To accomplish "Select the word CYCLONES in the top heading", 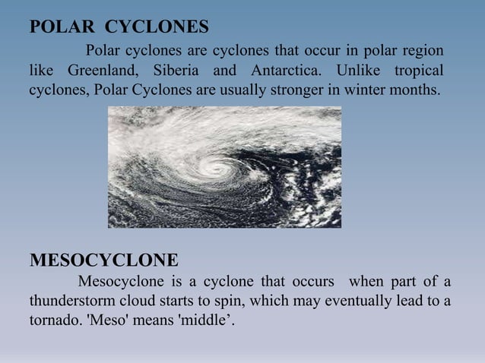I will click(x=156, y=28).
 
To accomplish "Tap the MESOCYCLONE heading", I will click(x=103, y=260).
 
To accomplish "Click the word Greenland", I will click(x=103, y=72).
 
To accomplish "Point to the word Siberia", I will click(x=178, y=72).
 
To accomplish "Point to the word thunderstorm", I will click(x=74, y=301).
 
